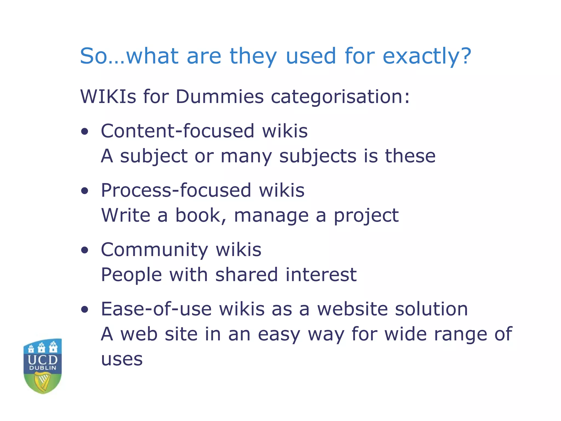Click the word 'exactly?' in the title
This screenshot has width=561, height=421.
(x=427, y=56)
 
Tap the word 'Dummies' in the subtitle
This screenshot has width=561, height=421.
(x=219, y=97)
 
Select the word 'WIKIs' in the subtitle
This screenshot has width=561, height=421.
(x=108, y=97)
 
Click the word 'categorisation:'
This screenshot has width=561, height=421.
(x=340, y=97)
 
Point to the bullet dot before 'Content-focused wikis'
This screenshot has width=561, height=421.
(x=85, y=132)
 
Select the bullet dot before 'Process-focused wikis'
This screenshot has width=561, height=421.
(x=85, y=191)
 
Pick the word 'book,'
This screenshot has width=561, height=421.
(x=201, y=216)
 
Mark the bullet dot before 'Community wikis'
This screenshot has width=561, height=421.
(x=85, y=250)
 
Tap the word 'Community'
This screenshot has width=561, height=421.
(x=154, y=250)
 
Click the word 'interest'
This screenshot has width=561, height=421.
(x=321, y=275)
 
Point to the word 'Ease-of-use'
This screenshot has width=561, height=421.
(x=156, y=309)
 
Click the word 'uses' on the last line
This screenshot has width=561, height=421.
(x=122, y=359)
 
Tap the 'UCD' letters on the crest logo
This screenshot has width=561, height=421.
(x=43, y=360)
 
